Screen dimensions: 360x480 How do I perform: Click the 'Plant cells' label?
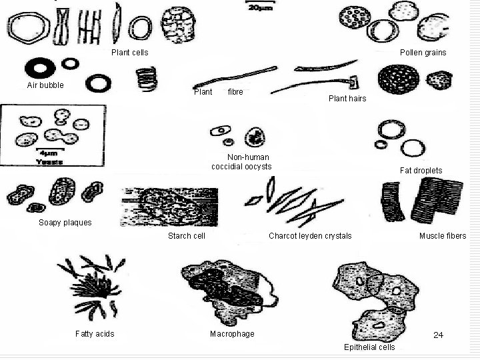[129, 52]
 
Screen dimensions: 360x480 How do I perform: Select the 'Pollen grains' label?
[423, 52]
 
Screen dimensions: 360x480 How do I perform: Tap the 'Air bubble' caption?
[45, 85]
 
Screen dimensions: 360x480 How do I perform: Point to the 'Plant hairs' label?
[347, 99]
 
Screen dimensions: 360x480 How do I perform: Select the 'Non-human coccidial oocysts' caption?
[241, 162]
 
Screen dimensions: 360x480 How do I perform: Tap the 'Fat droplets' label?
[421, 171]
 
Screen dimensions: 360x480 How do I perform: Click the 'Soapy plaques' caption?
[65, 223]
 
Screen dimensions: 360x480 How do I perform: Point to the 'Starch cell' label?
[187, 236]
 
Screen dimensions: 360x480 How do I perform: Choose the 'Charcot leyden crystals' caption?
[310, 236]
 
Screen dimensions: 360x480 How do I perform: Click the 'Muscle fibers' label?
[443, 236]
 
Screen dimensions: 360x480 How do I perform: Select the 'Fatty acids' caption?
[95, 334]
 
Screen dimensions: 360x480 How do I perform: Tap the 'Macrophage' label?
[232, 334]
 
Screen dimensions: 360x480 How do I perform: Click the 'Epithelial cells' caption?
[369, 347]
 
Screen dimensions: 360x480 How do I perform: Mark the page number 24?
[438, 335]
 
